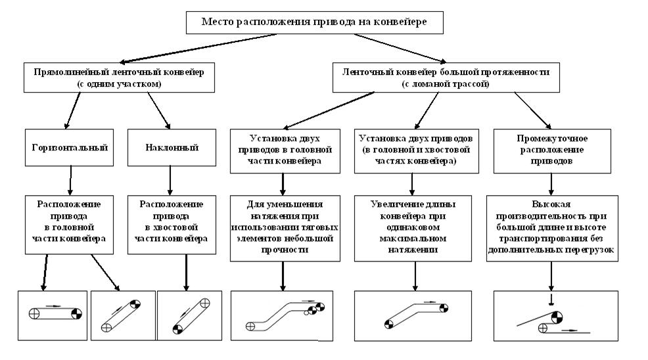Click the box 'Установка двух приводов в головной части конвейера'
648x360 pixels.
tap(282, 150)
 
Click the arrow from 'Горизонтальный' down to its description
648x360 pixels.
tap(70, 179)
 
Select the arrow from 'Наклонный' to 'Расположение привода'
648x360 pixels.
tap(170, 179)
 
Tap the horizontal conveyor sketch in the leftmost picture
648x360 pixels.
tap(53, 313)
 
